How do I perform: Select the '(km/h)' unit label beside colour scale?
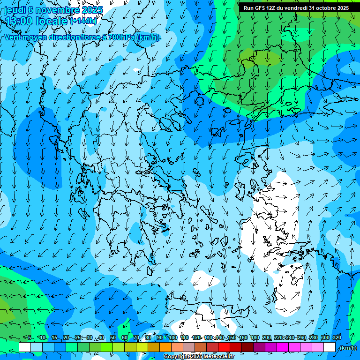347,348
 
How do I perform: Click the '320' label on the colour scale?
337,337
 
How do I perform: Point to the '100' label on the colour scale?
172,337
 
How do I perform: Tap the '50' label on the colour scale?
113,337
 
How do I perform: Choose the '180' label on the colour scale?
255,337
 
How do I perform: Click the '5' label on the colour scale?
30,337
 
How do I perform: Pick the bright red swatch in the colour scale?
224,347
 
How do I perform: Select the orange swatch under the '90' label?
165,347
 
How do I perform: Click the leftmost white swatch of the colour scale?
25,347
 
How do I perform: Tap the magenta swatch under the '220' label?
283,347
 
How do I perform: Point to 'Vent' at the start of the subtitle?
14,37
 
